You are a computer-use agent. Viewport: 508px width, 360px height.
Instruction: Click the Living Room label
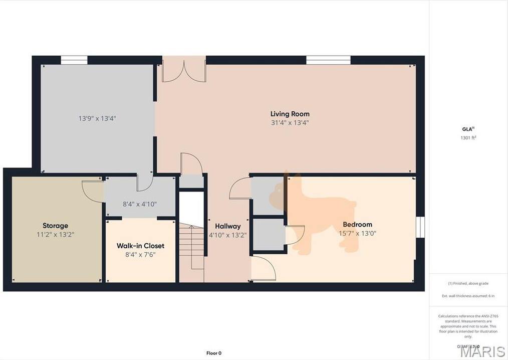pos(290,114)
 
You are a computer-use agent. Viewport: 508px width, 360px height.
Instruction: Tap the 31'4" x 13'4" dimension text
pos(290,122)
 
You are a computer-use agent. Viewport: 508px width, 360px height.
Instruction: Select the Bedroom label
pos(357,225)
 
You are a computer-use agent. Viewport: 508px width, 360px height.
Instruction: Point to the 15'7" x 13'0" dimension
pos(357,233)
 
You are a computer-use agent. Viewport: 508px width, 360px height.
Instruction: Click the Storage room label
pos(55,226)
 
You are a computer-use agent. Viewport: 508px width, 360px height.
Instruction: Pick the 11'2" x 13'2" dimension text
pos(55,234)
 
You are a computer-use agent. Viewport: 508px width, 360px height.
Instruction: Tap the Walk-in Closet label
pos(140,246)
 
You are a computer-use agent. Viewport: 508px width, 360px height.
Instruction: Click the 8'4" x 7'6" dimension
pos(140,254)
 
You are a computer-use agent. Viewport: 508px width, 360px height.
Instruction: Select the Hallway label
pos(228,226)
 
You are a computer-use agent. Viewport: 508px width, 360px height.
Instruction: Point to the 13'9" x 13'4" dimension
pos(97,119)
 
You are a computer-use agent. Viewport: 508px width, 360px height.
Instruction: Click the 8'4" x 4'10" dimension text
pos(140,204)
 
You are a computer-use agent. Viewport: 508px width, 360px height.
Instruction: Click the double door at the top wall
pos(184,70)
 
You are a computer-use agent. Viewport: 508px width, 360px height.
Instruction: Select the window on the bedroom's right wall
pos(420,226)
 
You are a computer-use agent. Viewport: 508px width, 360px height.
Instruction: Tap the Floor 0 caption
pos(213,353)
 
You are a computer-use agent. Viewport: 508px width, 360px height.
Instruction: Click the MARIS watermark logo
pos(482,351)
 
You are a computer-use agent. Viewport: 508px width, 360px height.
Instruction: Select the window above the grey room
pos(74,60)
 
